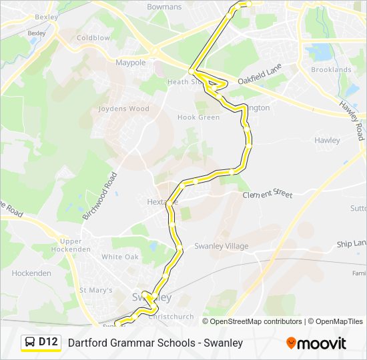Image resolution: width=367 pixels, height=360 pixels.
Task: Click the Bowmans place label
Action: click(x=164, y=7)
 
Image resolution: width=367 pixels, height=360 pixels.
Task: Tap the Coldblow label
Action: click(x=93, y=38)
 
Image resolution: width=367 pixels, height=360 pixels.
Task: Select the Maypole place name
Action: click(x=130, y=63)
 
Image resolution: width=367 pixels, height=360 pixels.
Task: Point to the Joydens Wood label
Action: click(x=124, y=109)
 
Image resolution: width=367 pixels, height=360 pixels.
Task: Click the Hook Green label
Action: click(x=198, y=117)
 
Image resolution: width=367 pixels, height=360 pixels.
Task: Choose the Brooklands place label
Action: click(x=331, y=69)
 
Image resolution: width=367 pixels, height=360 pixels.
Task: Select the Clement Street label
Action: click(x=268, y=195)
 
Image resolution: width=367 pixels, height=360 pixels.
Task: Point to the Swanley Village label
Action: click(x=221, y=246)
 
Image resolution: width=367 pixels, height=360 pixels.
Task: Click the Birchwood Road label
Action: click(x=99, y=196)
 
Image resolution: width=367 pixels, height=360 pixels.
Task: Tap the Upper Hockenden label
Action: click(x=75, y=245)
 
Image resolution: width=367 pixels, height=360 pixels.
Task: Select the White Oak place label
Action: click(x=120, y=257)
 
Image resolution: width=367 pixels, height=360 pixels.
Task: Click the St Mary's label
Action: click(x=96, y=290)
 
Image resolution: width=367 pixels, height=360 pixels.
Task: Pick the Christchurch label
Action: click(x=171, y=317)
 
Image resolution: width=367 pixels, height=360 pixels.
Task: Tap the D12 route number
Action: click(x=49, y=342)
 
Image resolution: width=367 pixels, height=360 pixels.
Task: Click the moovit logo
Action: click(x=316, y=343)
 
